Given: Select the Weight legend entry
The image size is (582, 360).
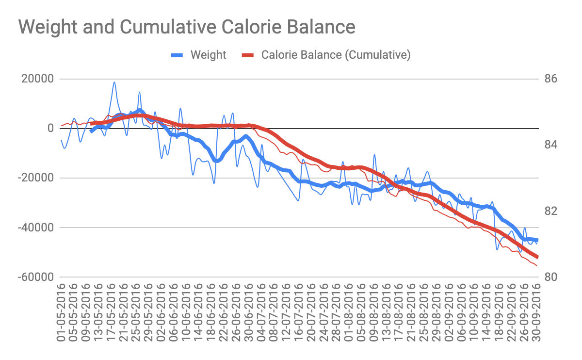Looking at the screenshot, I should tap(208, 55).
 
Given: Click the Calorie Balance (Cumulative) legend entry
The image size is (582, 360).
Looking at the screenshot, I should tap(336, 55).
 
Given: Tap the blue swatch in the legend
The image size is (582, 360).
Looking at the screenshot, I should tap(178, 55).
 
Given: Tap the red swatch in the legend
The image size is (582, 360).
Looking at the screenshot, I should tap(248, 55).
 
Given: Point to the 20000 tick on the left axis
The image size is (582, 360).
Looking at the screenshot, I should tap(36, 79).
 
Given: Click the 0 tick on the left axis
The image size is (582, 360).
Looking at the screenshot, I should tap(50, 129).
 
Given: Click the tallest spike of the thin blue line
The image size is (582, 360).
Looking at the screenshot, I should tap(114, 82).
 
